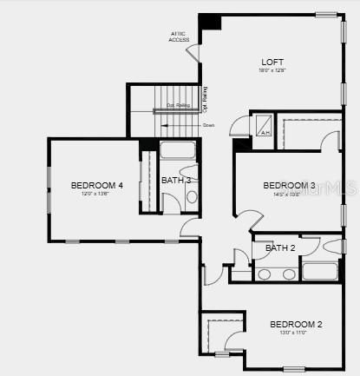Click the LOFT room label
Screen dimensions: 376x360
coord(273,62)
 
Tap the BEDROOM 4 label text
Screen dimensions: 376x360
coord(96,185)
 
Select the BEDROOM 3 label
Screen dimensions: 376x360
coord(289,186)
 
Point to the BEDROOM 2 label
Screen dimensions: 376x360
coord(296,325)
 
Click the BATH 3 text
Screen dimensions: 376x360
coord(176,181)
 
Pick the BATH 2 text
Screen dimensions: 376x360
coord(280,248)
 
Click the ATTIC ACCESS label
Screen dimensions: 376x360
coord(180,36)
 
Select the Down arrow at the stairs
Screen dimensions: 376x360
coord(208,126)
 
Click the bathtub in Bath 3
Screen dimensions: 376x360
coord(179,151)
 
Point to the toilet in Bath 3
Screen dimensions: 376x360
coord(191,196)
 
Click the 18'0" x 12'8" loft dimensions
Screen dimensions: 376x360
coord(273,71)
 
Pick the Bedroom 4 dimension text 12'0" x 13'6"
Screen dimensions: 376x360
coord(96,195)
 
